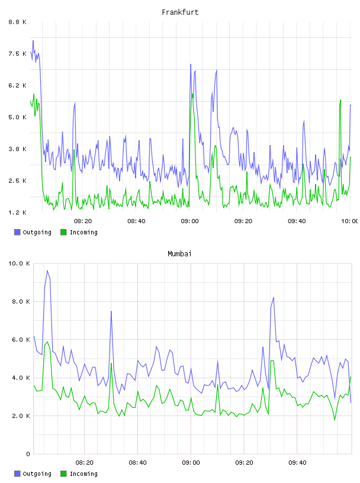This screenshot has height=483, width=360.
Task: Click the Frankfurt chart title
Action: (180, 12)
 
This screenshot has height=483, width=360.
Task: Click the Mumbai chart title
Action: (179, 253)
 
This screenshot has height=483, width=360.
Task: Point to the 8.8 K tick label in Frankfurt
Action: (17, 22)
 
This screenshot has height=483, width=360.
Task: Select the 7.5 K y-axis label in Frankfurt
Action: (17, 54)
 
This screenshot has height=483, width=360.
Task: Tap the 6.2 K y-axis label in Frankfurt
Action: (17, 85)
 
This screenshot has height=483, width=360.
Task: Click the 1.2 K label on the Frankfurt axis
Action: (17, 212)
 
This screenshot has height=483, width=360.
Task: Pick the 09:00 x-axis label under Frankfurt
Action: (190, 221)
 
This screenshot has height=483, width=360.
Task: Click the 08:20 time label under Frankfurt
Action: (83, 221)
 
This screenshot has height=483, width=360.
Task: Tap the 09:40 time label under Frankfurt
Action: (297, 221)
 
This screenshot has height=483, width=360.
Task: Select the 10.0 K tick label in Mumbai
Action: (19, 263)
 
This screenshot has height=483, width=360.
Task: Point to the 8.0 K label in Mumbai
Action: (21, 301)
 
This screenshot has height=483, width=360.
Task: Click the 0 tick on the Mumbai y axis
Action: (28, 454)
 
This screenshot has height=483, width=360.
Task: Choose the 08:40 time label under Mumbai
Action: (138, 462)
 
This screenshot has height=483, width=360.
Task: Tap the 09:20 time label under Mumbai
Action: (244, 462)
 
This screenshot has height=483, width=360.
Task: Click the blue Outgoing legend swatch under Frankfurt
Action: (17, 232)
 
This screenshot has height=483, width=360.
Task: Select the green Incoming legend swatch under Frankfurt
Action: (63, 232)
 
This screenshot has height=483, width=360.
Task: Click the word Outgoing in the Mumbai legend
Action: (37, 474)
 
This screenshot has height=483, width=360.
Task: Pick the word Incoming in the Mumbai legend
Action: (83, 474)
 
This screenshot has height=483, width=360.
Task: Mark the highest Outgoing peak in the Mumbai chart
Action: (47, 271)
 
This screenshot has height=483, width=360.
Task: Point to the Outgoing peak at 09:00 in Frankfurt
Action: (191, 65)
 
